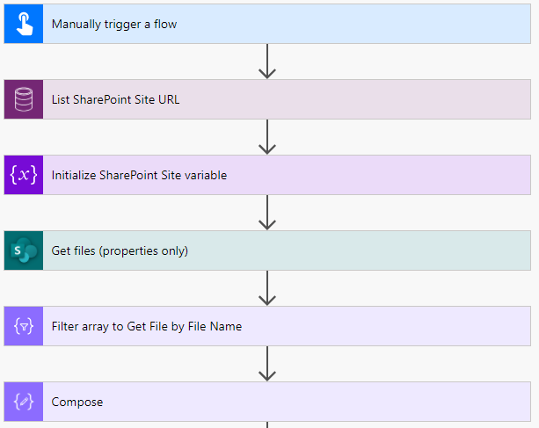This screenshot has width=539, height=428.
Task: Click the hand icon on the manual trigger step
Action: [x=24, y=24]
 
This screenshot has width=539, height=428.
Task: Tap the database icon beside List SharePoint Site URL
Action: [x=24, y=99]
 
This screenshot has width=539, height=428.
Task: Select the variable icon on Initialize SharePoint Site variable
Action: [x=24, y=175]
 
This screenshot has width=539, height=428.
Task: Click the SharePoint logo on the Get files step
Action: [x=24, y=250]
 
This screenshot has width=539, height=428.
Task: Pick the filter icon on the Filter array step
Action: [x=24, y=326]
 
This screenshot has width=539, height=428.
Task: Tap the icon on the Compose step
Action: [x=24, y=402]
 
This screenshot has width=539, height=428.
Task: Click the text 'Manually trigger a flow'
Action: [x=114, y=24]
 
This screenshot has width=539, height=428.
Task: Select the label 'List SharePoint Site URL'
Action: [x=116, y=99]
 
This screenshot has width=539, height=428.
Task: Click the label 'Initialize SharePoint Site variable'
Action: [x=139, y=175]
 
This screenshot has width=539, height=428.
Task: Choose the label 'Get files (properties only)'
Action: [x=120, y=250]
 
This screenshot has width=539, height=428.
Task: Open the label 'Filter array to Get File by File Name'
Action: [x=147, y=326]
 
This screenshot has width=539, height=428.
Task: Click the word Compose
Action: [x=77, y=402]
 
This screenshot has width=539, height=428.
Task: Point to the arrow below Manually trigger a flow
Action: [x=268, y=62]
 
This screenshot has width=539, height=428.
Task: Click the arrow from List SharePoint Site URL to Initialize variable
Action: [x=268, y=137]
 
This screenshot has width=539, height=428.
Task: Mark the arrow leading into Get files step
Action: [x=268, y=213]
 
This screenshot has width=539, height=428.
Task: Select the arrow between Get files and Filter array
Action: [x=268, y=288]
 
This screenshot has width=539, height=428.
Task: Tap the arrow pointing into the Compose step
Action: [x=268, y=364]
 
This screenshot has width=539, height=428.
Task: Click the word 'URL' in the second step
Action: [x=168, y=99]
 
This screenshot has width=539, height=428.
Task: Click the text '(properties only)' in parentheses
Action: [x=142, y=250]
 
